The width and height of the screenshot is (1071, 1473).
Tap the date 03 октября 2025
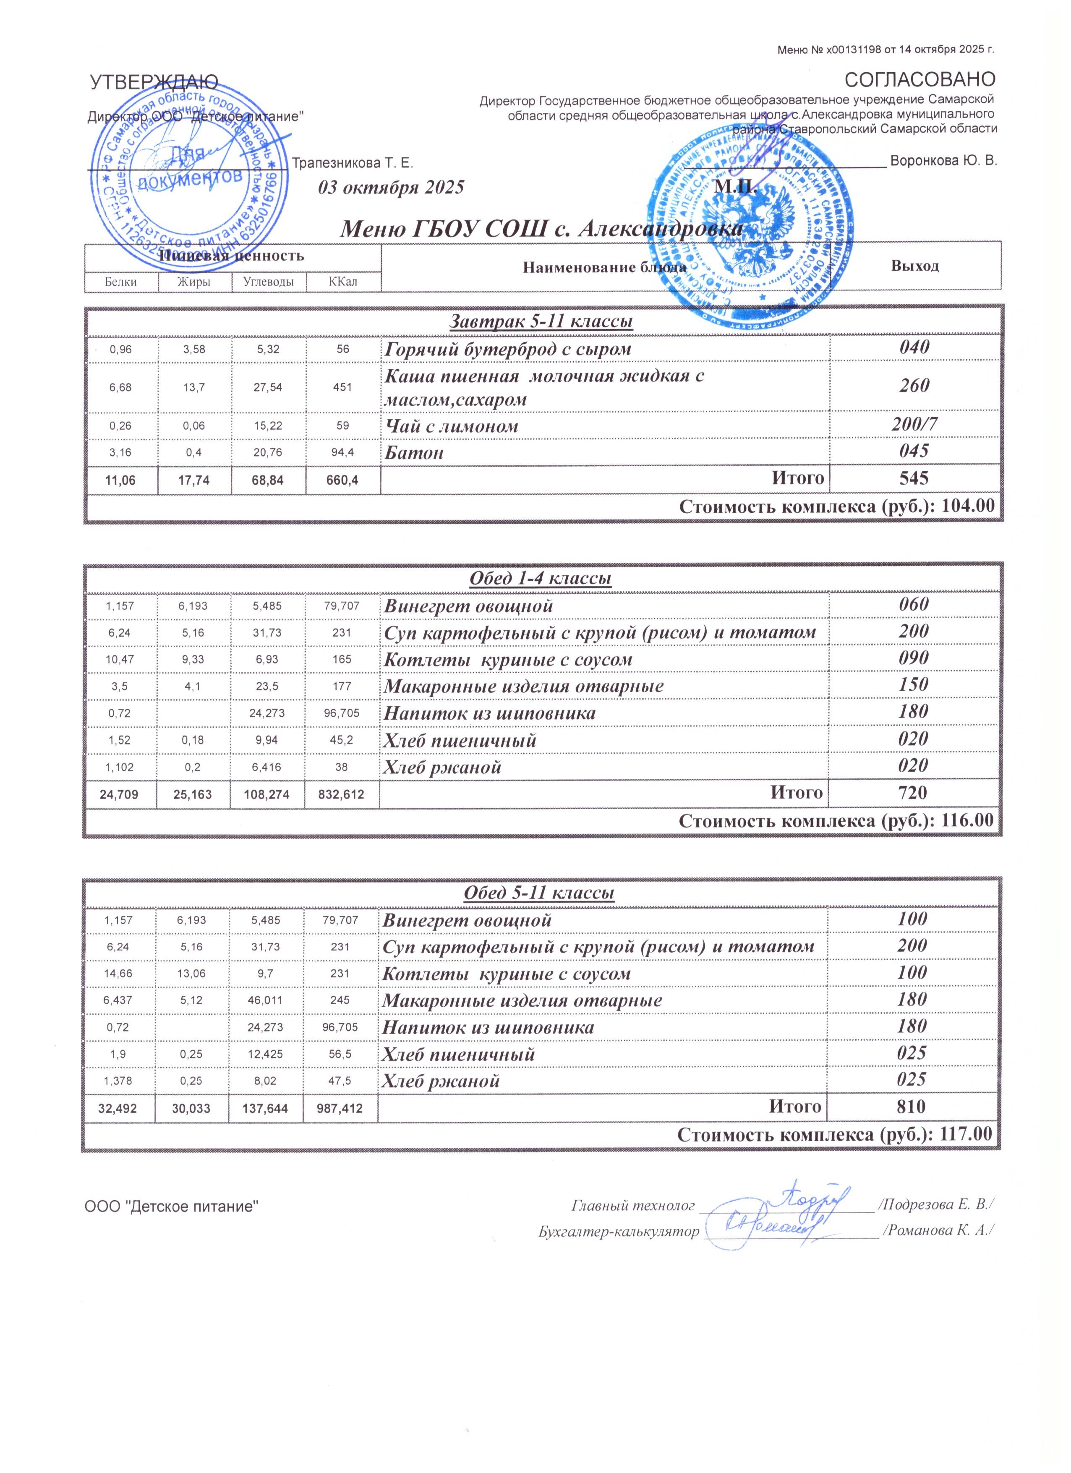(391, 188)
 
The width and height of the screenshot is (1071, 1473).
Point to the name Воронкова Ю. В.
(943, 160)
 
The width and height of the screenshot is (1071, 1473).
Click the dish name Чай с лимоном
(452, 427)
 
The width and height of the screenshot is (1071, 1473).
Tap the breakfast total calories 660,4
(342, 479)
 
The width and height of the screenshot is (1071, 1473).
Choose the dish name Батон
(414, 453)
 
